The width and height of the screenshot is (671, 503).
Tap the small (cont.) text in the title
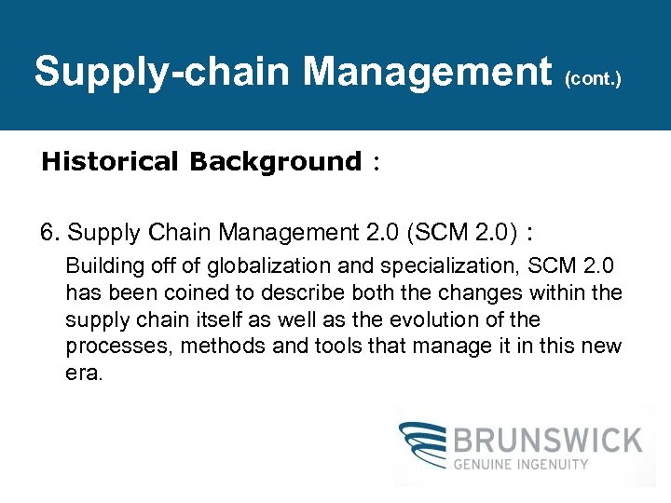point(593,79)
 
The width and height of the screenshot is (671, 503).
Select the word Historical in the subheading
point(109,162)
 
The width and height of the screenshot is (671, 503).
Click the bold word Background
point(274,162)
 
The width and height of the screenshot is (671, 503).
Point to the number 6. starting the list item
point(50,233)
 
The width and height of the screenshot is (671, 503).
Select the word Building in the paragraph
point(100,265)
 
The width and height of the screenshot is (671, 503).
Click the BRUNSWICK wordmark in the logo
point(549,441)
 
